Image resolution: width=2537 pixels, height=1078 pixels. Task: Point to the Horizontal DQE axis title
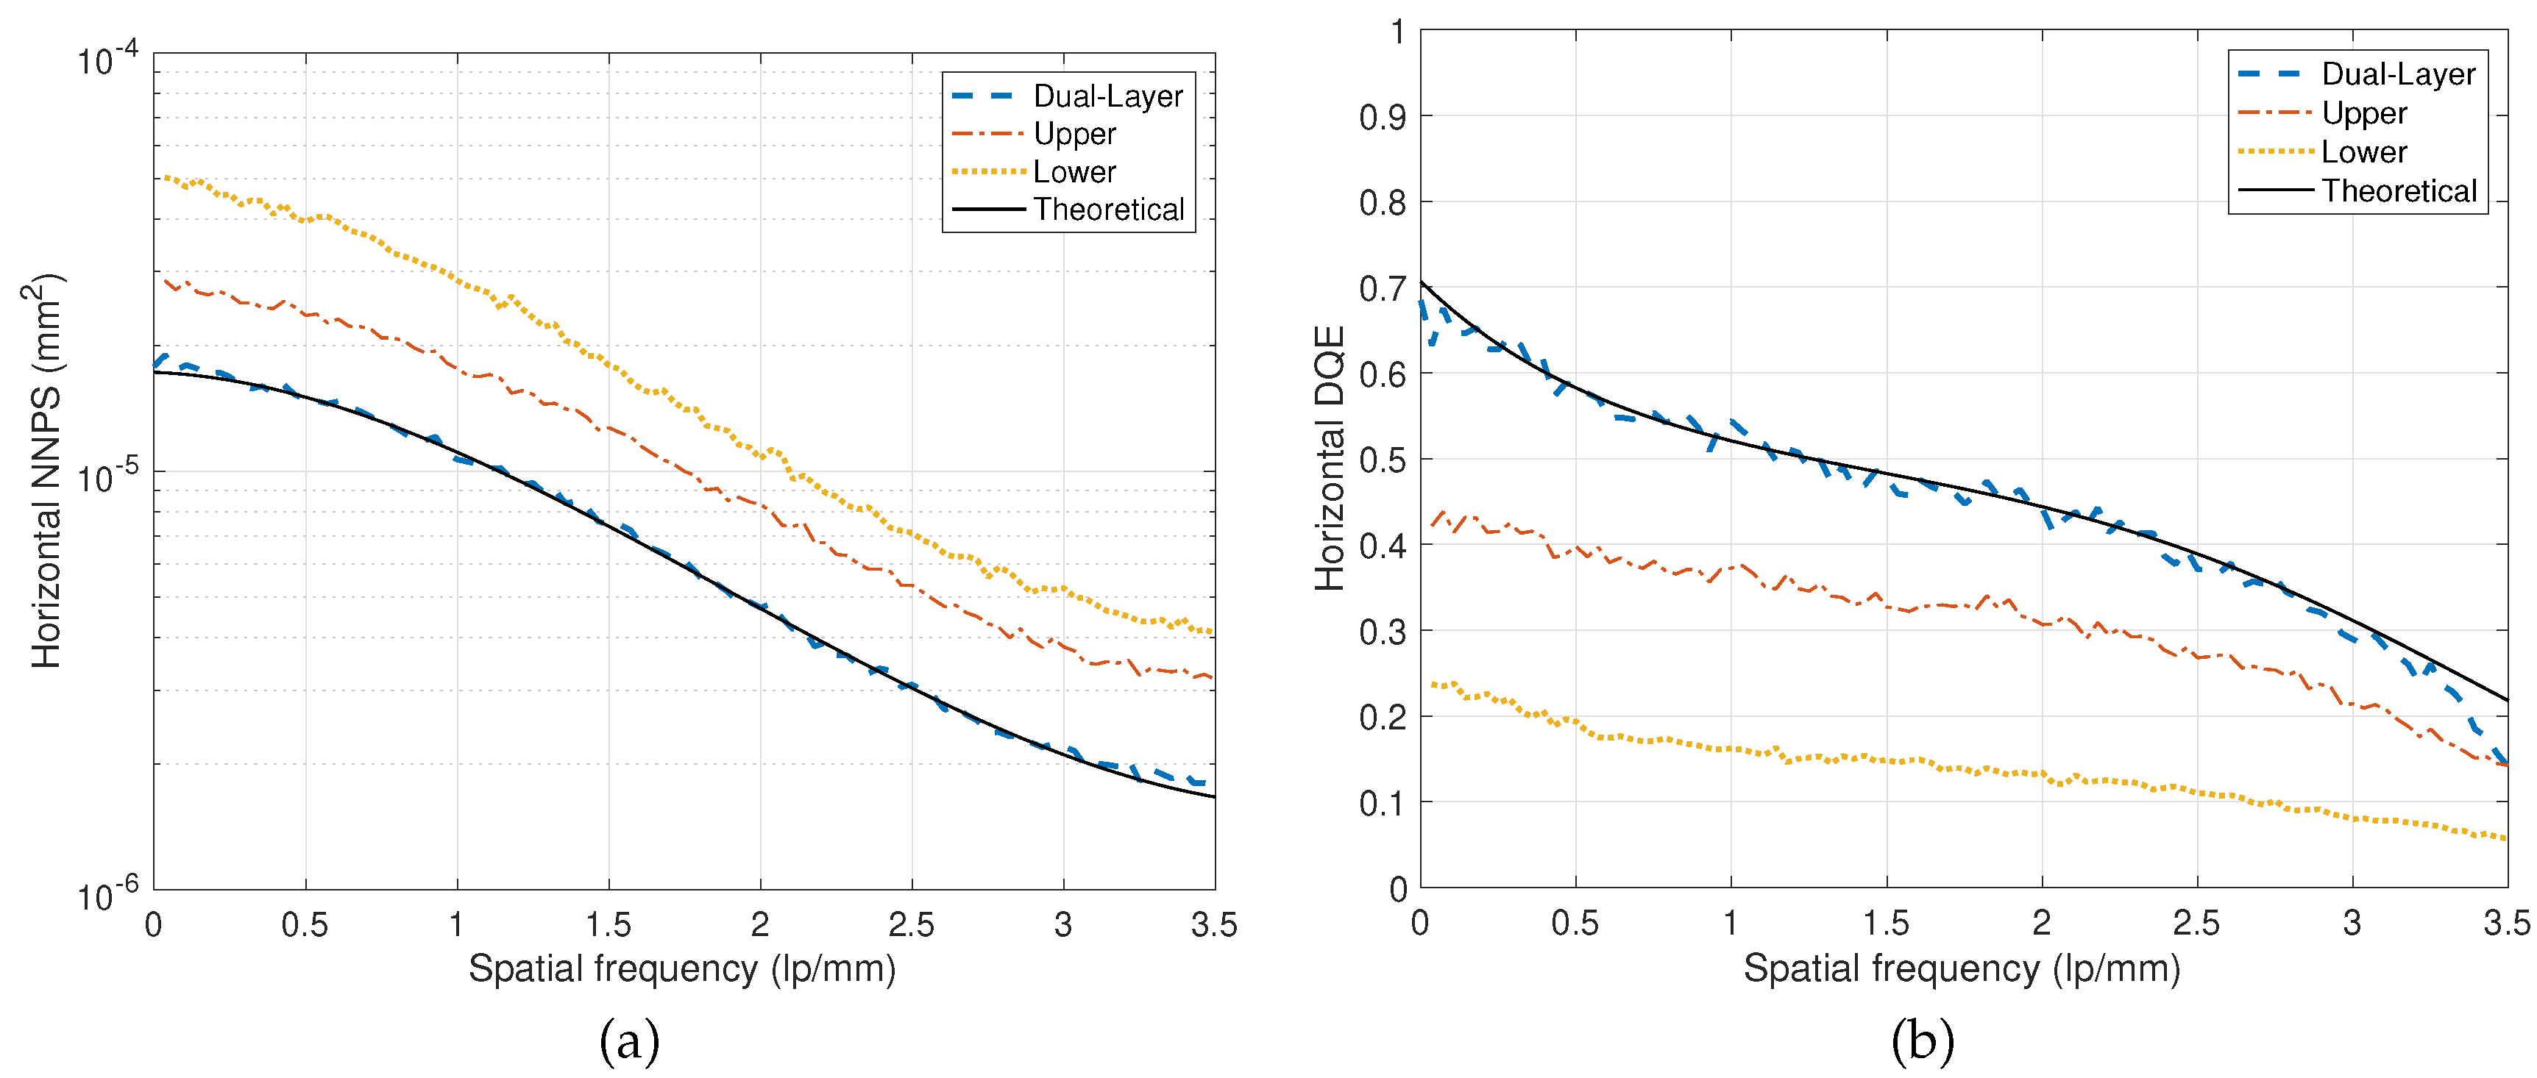(x=1330, y=458)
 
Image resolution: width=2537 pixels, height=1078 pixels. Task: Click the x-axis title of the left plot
(x=681, y=968)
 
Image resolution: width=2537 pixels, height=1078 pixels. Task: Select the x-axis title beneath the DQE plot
(x=1961, y=968)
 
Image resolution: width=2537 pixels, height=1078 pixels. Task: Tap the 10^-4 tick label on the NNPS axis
(x=108, y=59)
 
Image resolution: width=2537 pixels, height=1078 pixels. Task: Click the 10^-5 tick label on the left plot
(x=108, y=476)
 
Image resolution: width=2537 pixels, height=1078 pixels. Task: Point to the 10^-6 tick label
(x=108, y=894)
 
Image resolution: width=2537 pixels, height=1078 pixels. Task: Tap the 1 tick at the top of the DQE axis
(x=1397, y=32)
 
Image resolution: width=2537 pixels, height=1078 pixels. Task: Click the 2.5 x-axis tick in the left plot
(x=911, y=924)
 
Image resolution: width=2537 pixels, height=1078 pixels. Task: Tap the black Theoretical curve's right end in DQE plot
(x=2505, y=700)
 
